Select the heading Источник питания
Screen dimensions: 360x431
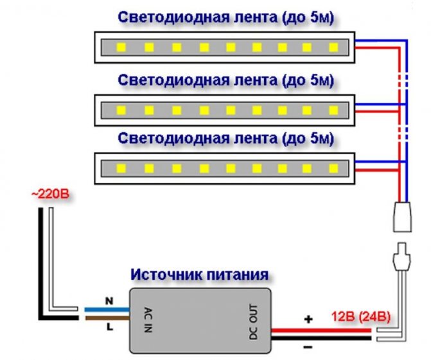click(x=199, y=275)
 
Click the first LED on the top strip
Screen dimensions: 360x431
click(x=120, y=47)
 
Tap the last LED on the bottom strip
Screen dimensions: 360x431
click(x=333, y=168)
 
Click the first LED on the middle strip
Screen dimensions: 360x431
click(x=120, y=109)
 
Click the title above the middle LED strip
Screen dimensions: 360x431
click(x=226, y=80)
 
